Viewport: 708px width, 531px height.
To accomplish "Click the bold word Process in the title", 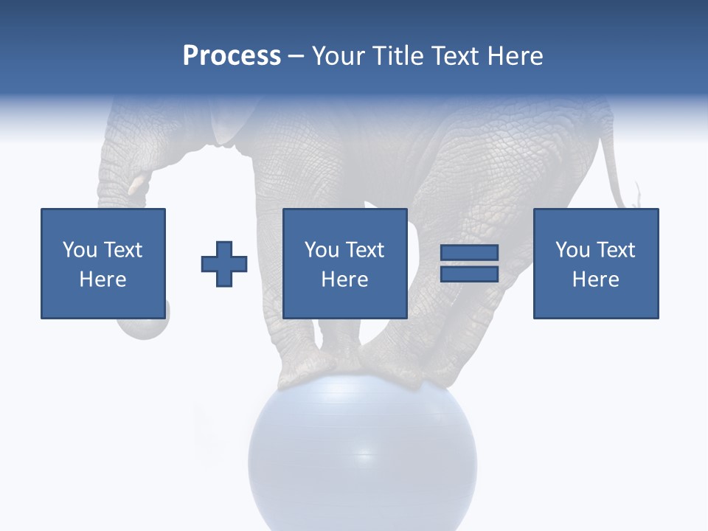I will coord(232,56).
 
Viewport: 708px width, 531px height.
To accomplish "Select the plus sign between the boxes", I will coord(224,263).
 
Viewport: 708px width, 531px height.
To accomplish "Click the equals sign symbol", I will coord(470,263).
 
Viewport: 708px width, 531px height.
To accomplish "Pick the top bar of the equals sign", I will coord(470,253).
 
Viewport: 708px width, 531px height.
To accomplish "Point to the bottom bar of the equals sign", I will coord(470,274).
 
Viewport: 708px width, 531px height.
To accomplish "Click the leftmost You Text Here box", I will coord(103,263).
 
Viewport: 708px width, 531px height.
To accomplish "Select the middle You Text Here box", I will coord(344,263).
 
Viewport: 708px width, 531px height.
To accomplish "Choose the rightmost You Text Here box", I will coord(595,263).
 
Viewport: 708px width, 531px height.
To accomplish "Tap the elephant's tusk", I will coord(137,184).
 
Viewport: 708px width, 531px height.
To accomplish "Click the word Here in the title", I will coord(518,56).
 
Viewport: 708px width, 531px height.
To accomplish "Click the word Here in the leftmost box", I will coord(103,279).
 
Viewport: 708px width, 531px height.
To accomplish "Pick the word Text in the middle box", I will coord(364,250).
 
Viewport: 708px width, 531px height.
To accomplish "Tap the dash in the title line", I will coord(296,56).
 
